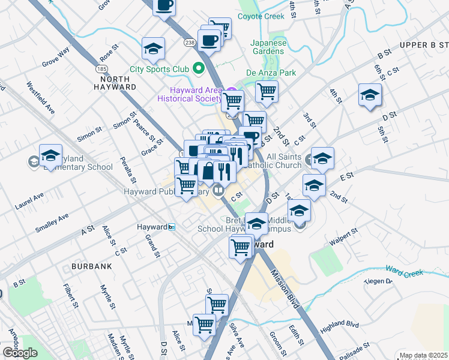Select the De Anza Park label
point(271,73)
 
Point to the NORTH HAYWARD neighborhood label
point(115,83)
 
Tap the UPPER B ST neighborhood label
point(424,45)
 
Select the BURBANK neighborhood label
point(92,265)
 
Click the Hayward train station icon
point(172,227)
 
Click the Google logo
point(20,352)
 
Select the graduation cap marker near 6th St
point(370,95)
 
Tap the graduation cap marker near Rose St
point(153,49)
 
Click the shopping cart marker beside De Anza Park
point(266,92)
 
